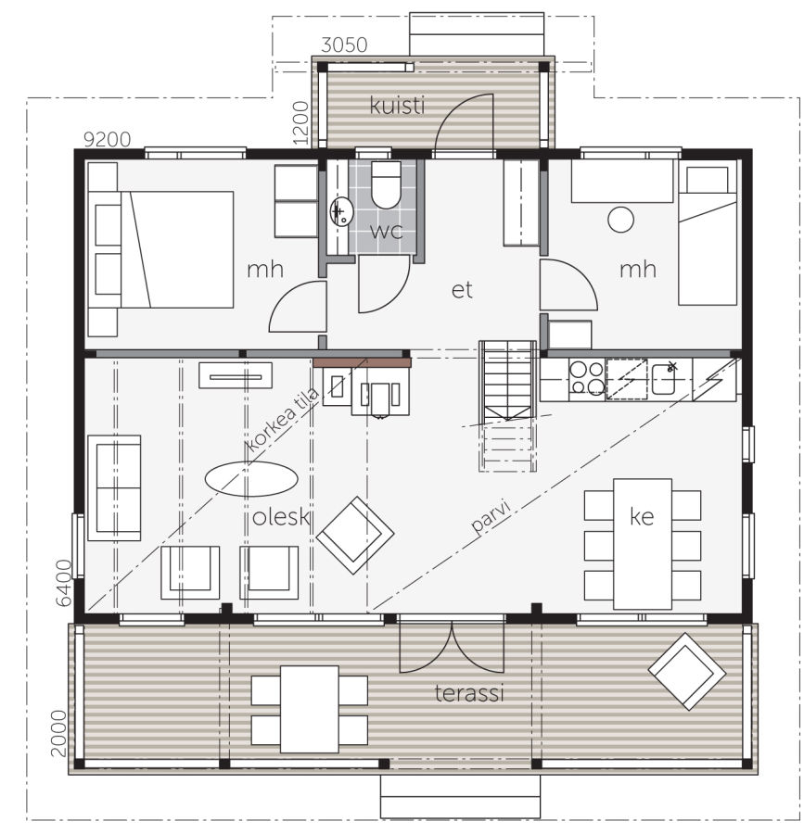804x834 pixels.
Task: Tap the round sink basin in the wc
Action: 341,211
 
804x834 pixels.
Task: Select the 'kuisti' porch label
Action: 398,106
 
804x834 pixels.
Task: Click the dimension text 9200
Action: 108,139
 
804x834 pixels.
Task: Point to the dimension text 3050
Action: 344,45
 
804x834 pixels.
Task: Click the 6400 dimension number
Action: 64,583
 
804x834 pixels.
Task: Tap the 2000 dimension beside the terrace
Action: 58,733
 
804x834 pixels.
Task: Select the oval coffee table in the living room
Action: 250,479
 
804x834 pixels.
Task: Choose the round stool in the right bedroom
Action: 620,220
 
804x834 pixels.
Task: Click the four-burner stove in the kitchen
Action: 586,379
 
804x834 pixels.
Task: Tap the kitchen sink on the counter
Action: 663,379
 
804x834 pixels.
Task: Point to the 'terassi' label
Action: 469,693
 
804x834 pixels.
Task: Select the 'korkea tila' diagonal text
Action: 284,420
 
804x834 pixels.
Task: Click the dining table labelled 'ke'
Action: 643,544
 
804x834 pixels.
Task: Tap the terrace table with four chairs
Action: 310,709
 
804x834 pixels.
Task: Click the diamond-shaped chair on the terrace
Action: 686,671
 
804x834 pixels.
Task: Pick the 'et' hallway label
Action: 462,290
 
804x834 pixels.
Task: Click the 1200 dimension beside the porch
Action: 300,123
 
